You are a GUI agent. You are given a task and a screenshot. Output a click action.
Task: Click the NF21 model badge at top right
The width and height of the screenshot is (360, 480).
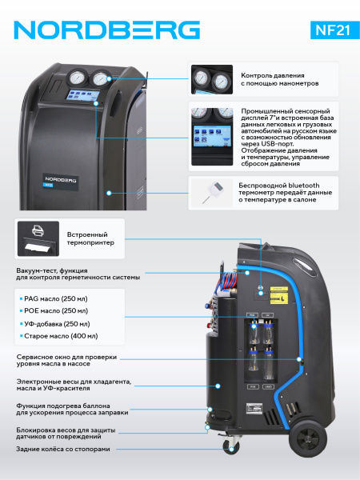tap(335, 30)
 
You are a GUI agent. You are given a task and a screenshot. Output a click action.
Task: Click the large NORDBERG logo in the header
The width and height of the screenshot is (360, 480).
tap(107, 30)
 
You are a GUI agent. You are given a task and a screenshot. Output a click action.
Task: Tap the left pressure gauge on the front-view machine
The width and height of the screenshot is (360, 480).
tap(76, 78)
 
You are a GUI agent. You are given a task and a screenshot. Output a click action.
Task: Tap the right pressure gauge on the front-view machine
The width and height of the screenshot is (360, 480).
tap(101, 78)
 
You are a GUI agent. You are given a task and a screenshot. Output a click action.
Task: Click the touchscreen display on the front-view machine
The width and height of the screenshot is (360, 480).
tap(82, 95)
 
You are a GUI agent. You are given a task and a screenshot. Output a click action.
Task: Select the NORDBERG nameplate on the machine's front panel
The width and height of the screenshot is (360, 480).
tap(60, 182)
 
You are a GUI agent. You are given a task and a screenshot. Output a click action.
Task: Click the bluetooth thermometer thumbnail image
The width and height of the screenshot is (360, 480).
tap(212, 193)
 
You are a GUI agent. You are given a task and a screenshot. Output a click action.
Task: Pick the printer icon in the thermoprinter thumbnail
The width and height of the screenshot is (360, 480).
tap(38, 230)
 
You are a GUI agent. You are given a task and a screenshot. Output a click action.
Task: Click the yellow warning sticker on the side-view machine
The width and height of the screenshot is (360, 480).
tap(279, 295)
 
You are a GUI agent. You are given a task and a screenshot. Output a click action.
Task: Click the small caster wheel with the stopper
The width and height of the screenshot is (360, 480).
tap(230, 447)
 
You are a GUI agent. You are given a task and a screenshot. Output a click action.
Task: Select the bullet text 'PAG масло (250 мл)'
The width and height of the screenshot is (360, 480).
tap(56, 298)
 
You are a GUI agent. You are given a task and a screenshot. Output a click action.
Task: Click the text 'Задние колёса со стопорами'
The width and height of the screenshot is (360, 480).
tap(62, 449)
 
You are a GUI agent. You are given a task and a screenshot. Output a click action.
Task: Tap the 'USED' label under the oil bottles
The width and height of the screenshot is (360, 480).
tap(268, 387)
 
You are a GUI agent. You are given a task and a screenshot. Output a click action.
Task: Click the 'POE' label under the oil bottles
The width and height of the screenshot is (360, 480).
tap(253, 387)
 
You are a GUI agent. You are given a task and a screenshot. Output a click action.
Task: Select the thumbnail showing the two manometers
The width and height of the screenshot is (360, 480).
tap(212, 79)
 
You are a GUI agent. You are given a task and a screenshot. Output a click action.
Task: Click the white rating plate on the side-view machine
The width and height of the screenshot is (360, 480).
tap(254, 408)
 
